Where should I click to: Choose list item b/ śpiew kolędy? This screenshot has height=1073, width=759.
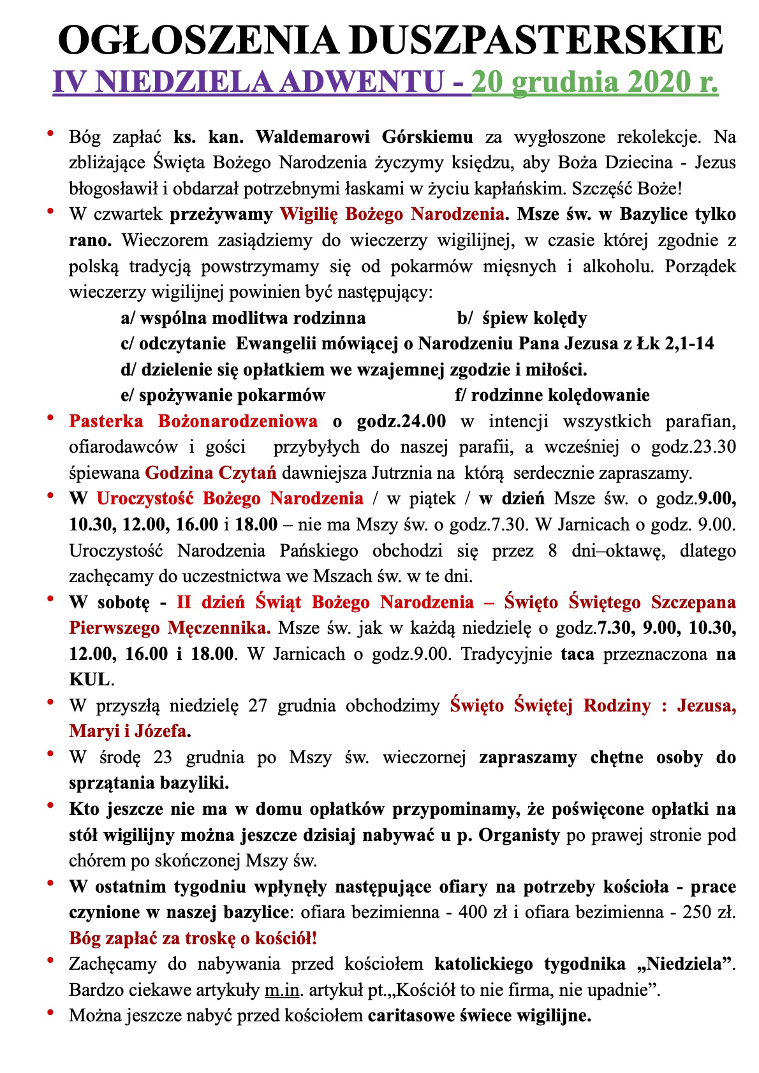coord(522,318)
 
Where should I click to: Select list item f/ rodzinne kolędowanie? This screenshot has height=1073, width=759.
coord(552,395)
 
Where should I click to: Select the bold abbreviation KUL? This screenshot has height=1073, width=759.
coord(89,680)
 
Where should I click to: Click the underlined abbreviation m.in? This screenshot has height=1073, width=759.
coord(282,990)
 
